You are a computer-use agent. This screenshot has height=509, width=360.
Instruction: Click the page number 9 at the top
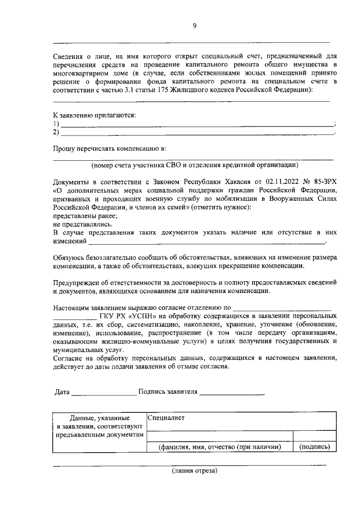(x=194, y=25)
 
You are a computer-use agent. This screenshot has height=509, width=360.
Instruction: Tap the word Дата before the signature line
(x=62, y=391)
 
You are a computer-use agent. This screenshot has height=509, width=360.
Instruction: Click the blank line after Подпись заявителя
(x=232, y=393)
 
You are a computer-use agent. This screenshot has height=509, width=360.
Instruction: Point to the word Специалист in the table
(x=166, y=418)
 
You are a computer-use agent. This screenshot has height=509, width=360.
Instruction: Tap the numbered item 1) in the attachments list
(x=56, y=124)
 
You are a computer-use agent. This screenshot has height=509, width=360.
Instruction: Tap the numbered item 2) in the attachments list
(x=56, y=133)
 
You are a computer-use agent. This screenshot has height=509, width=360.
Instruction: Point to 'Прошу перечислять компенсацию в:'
(x=110, y=149)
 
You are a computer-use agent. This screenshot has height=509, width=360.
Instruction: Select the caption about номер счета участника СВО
(x=194, y=165)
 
